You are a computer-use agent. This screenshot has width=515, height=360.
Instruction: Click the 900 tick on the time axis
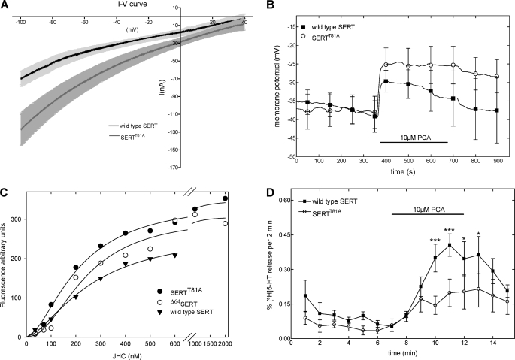click(497, 163)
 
